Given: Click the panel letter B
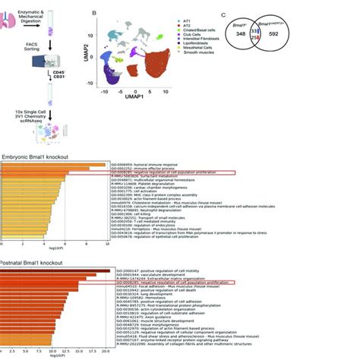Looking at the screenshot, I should coord(93,14).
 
